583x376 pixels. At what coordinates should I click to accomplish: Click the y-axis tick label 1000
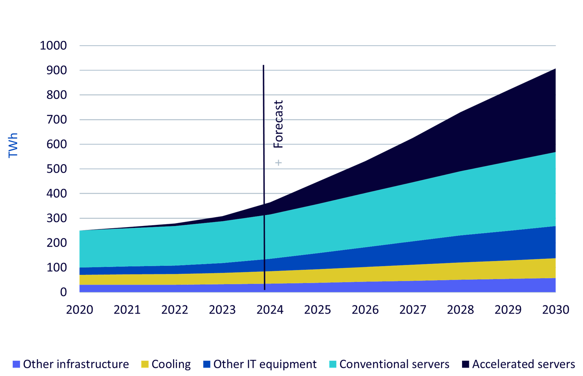(x=54, y=46)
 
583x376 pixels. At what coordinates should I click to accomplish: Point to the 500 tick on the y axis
(x=57, y=169)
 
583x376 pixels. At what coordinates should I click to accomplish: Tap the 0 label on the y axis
(x=63, y=292)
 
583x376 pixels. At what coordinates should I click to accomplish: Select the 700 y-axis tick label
(x=57, y=120)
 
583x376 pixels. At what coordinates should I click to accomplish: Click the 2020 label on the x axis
(x=80, y=310)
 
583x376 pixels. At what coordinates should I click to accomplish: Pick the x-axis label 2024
(x=270, y=310)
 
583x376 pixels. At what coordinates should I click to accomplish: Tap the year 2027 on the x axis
(x=413, y=310)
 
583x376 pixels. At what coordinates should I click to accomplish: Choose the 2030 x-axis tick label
(x=556, y=310)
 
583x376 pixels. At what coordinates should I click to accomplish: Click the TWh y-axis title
(x=13, y=145)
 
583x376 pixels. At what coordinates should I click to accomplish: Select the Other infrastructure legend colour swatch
(x=16, y=364)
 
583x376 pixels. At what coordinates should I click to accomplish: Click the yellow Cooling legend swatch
(x=145, y=364)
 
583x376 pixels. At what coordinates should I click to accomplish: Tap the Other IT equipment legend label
(x=265, y=364)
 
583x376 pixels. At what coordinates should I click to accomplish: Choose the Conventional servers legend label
(x=395, y=364)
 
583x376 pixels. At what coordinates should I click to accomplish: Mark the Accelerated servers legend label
(x=524, y=364)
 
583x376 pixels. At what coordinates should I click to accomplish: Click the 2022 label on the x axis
(x=175, y=310)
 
